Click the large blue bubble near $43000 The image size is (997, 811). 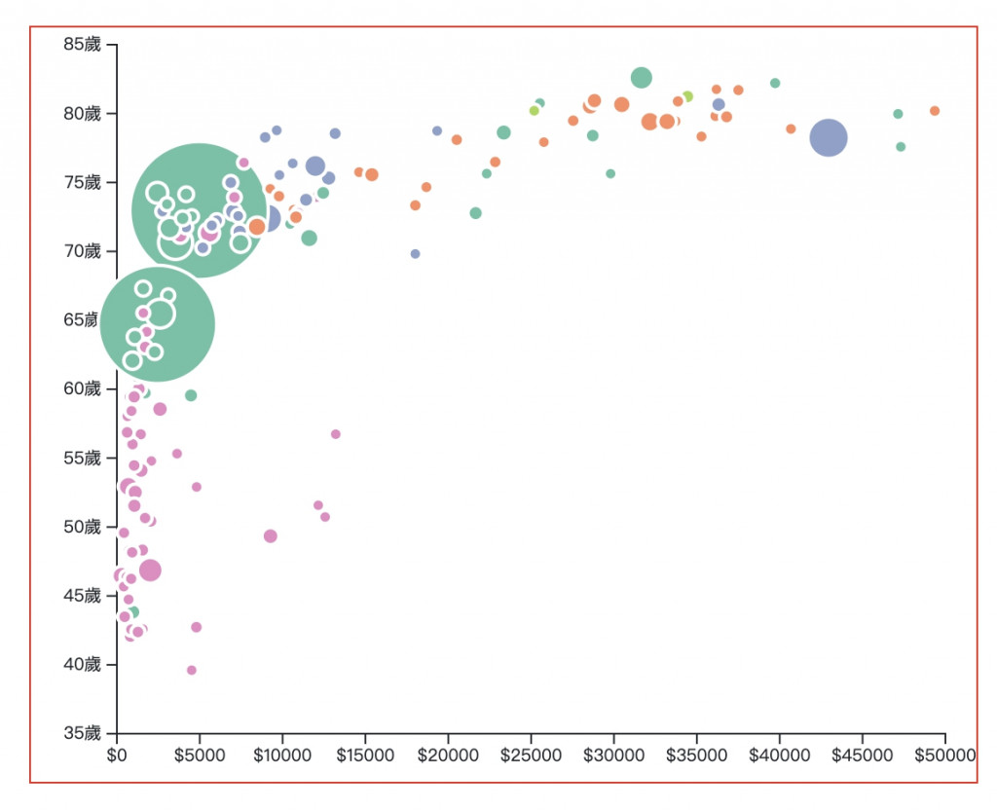(x=829, y=138)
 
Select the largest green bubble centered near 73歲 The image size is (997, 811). (x=200, y=210)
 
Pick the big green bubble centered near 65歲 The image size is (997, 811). (x=158, y=324)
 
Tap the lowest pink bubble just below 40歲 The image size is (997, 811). (x=192, y=670)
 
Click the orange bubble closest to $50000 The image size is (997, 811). (x=935, y=111)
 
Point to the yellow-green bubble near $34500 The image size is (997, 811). (x=687, y=96)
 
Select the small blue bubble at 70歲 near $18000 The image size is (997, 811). (x=415, y=254)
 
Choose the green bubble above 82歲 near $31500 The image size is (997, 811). (x=641, y=78)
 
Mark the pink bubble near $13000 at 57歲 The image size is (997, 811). (x=336, y=434)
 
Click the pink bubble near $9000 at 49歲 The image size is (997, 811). (x=271, y=536)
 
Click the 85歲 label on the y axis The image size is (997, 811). (x=82, y=44)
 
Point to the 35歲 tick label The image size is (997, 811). (x=82, y=733)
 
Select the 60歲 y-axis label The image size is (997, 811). (x=82, y=388)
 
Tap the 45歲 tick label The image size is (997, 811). (x=82, y=595)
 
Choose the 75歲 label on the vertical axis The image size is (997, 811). (x=82, y=182)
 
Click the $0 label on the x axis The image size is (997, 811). (x=117, y=755)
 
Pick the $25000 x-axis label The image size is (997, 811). (x=531, y=755)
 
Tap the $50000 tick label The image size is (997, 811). (x=944, y=755)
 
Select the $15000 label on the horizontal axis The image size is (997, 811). (x=365, y=755)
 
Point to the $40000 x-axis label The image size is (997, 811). (x=779, y=755)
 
